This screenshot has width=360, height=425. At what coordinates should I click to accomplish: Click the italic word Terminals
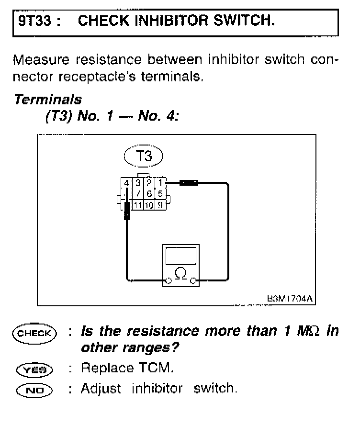tap(48, 100)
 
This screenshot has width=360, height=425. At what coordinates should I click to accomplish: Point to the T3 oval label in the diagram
tap(144, 157)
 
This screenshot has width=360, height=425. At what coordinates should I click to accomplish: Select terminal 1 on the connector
tap(161, 182)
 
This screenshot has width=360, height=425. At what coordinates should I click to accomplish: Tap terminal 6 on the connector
tap(149, 194)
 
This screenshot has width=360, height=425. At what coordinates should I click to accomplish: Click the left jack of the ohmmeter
tap(169, 280)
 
